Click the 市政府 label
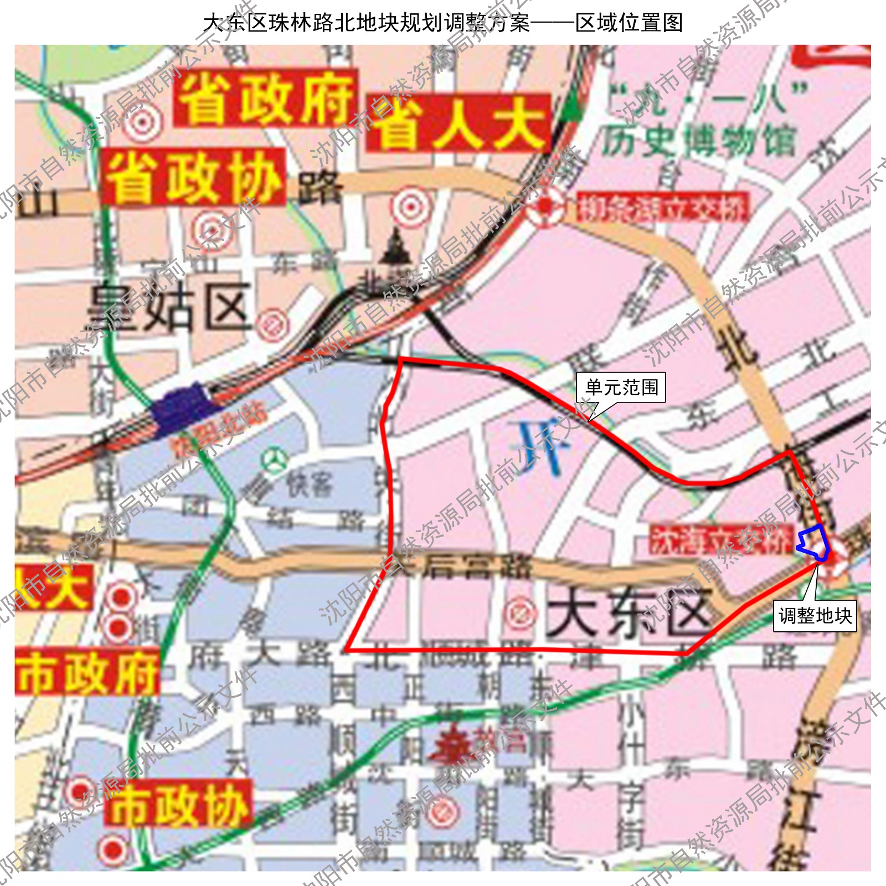87,672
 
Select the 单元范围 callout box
621,387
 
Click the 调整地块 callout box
815,616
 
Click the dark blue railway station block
183,408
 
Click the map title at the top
443,22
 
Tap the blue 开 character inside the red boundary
540,446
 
